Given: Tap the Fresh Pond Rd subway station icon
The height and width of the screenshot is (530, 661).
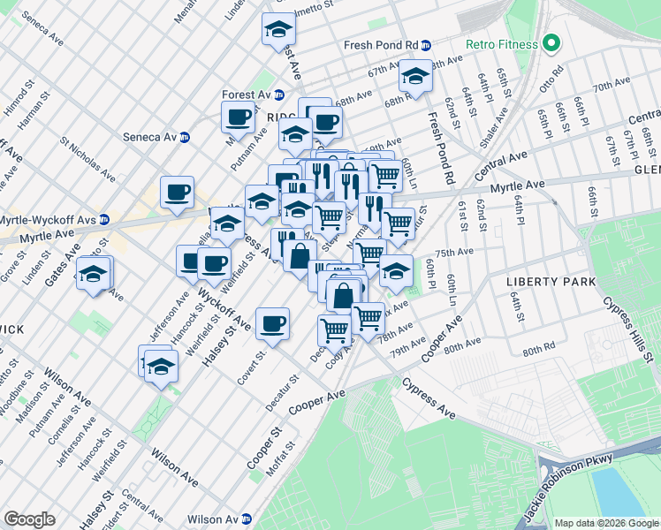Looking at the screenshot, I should [x=426, y=45].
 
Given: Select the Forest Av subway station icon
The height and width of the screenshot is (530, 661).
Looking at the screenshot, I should [x=278, y=95].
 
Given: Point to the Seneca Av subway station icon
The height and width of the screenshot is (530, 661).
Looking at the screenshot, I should [x=185, y=137].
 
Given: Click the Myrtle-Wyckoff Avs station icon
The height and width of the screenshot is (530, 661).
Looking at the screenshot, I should [x=104, y=219].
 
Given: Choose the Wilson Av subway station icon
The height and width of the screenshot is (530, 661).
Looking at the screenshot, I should [x=249, y=519].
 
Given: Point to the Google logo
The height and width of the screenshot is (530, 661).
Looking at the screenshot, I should [x=30, y=519].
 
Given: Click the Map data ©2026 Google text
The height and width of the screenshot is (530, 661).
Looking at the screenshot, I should [x=607, y=523].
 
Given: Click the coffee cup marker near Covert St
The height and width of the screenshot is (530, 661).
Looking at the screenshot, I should [x=272, y=322].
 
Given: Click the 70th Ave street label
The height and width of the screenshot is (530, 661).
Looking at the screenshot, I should [x=611, y=87].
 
